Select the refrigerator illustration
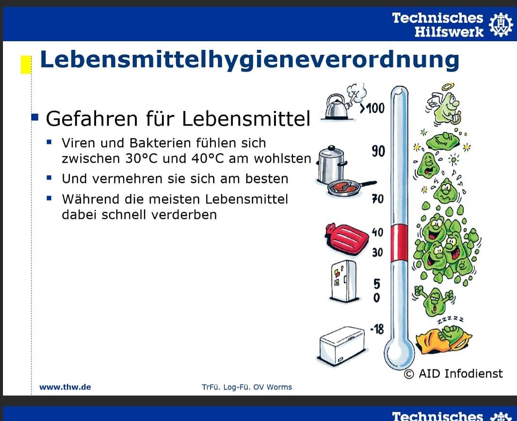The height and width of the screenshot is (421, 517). click(x=343, y=280)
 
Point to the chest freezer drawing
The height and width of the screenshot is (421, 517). click(x=342, y=344)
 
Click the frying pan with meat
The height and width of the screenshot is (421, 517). click(x=350, y=188)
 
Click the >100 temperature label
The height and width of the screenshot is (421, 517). click(x=372, y=108)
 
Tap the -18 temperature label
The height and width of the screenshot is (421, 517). click(x=377, y=329)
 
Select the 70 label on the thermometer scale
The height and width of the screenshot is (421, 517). click(x=378, y=199)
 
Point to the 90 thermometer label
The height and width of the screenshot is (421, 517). click(x=378, y=151)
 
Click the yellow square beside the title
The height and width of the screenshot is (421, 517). click(x=26, y=64)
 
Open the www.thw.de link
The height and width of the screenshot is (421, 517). click(x=65, y=387)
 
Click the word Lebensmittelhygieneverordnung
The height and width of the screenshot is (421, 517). click(x=249, y=60)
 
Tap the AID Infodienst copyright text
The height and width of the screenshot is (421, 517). click(x=453, y=374)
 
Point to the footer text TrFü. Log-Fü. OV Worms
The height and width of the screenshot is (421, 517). click(x=247, y=387)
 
